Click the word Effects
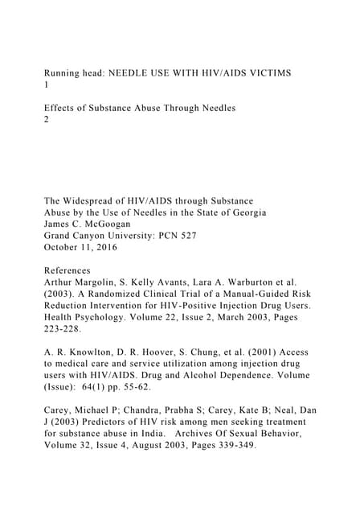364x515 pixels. tap(63, 109)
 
